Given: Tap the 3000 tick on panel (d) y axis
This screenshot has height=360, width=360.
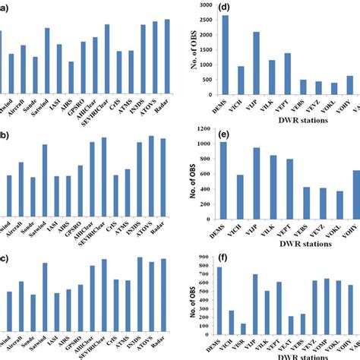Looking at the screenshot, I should pyautogui.click(x=205, y=5).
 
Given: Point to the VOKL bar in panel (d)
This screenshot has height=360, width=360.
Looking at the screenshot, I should pyautogui.click(x=334, y=89).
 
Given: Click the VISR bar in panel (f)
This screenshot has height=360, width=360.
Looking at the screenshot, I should pyautogui.click(x=243, y=329).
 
